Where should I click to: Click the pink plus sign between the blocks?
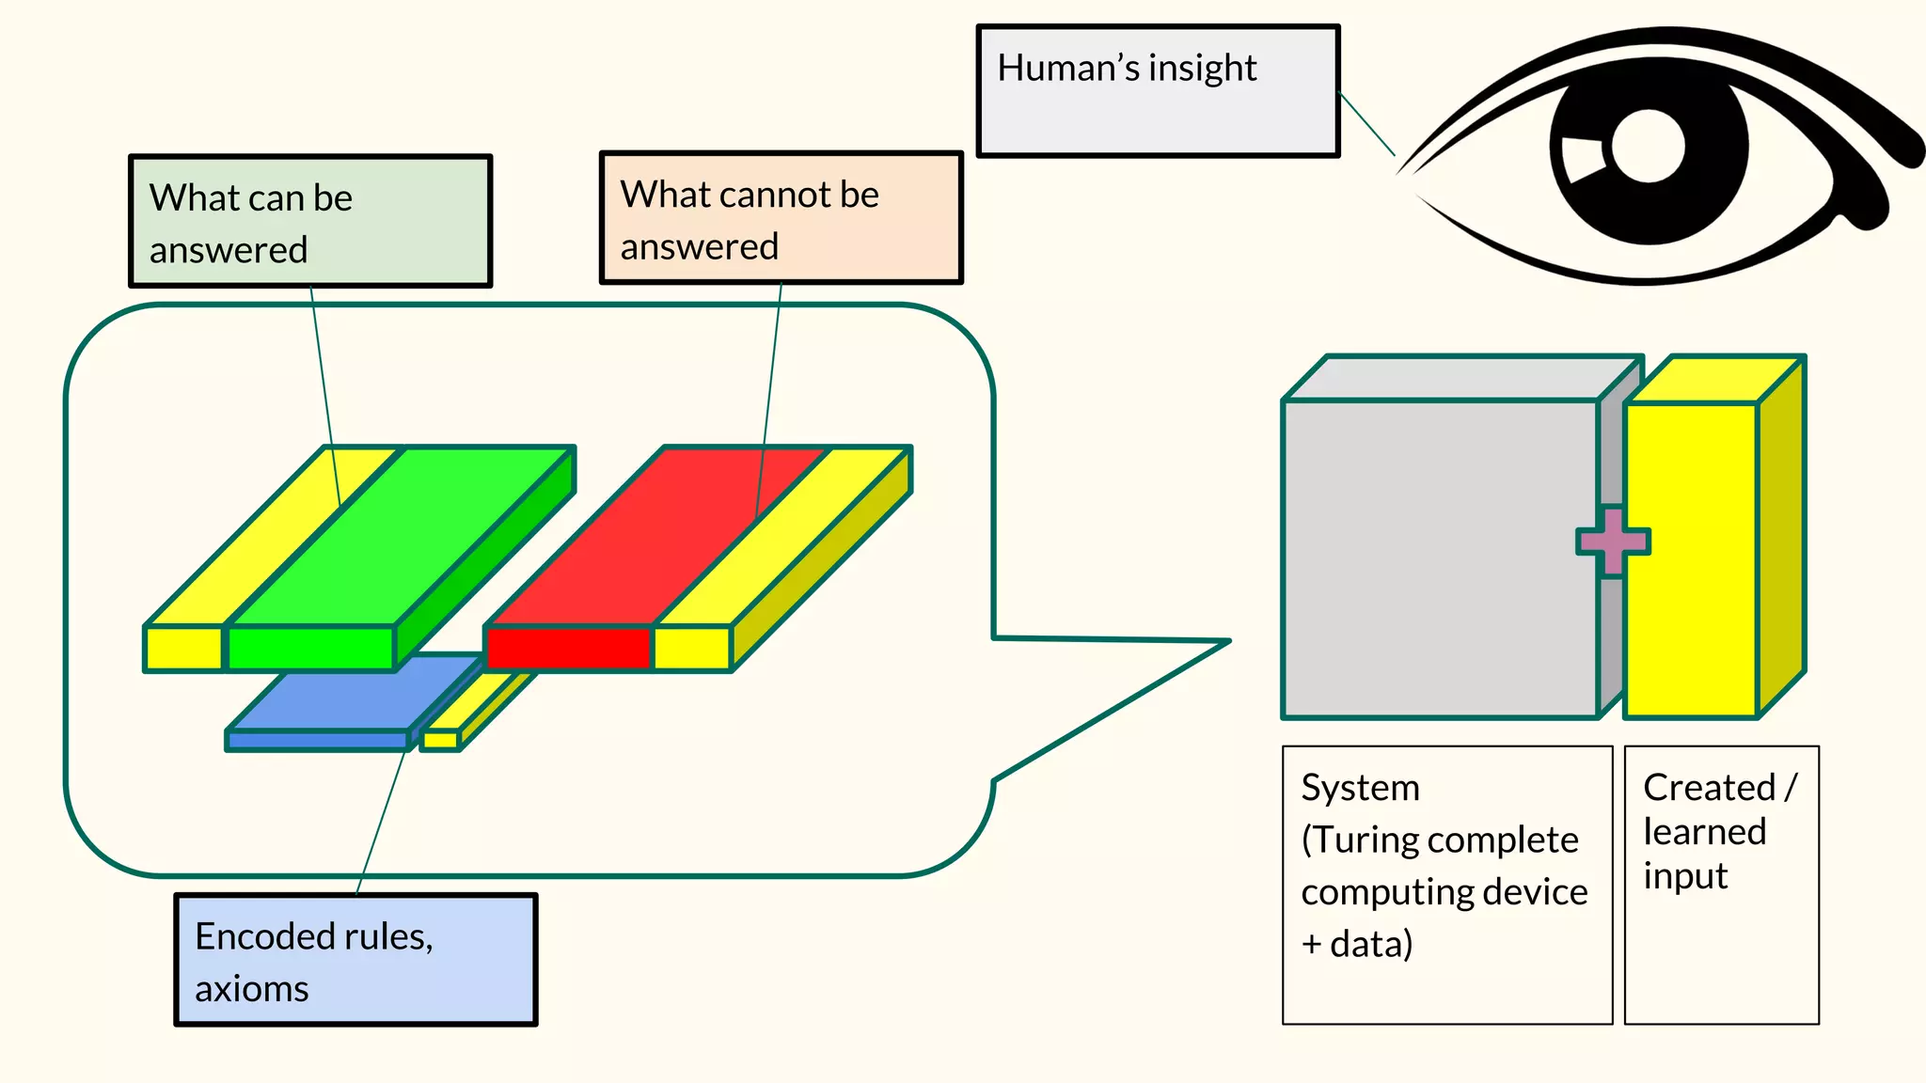(x=1613, y=541)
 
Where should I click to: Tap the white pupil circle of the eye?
(x=1648, y=146)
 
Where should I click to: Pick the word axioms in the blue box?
(x=251, y=989)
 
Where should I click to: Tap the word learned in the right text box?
(x=1704, y=832)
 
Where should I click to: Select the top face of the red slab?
(x=658, y=536)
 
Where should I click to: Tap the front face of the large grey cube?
(x=1439, y=559)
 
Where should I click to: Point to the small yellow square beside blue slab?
(x=439, y=741)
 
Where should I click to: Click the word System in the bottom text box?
(x=1360, y=788)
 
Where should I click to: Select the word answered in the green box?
(x=229, y=250)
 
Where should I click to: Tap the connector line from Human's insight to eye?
(x=1366, y=123)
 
